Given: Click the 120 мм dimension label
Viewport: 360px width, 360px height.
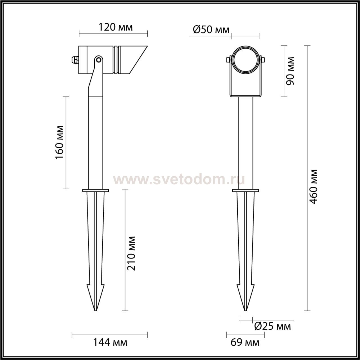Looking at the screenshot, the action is click(116, 27).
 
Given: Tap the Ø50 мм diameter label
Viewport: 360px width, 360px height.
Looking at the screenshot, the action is click(211, 30).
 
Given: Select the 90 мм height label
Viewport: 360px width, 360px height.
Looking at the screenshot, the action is click(290, 71).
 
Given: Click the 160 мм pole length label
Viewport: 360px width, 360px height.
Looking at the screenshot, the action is click(60, 142).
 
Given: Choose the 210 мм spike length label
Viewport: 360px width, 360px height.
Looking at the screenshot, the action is click(131, 253).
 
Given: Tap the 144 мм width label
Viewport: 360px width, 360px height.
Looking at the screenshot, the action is click(110, 343).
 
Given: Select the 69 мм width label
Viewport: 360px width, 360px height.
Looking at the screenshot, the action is click(245, 343).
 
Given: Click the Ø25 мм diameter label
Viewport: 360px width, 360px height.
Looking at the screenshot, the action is click(273, 327).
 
